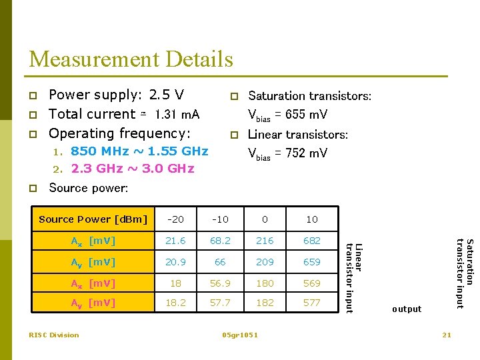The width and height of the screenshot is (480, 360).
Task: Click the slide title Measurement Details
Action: pos(131,59)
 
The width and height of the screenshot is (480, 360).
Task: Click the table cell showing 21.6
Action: pos(176,240)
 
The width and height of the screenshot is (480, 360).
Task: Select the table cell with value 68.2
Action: pos(220,240)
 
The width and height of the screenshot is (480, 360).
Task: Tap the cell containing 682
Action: pos(311,240)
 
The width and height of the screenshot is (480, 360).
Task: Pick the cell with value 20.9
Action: pos(176,262)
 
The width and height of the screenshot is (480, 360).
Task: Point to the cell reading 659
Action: pos(311,262)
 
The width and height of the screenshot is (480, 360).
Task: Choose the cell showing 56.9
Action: pos(220,283)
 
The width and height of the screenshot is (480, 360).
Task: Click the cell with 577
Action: pos(311,303)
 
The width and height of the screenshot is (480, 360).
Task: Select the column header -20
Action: pos(176,219)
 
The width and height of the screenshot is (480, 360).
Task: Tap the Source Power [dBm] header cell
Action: pos(93,219)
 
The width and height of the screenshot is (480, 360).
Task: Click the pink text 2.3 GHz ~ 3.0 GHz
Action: pos(133,169)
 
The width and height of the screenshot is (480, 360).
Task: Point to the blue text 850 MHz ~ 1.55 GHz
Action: pos(139,151)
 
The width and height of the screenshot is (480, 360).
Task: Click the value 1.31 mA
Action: pos(177,115)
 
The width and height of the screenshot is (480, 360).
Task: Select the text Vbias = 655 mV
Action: pos(287,115)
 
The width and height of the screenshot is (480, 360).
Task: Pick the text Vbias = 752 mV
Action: pos(287,153)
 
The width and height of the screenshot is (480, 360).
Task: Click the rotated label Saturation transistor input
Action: pos(464,273)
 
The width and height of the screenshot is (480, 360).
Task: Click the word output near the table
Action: pos(407,309)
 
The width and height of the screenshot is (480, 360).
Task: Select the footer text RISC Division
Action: pos(53,335)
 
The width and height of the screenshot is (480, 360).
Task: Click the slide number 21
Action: pos(447,335)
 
